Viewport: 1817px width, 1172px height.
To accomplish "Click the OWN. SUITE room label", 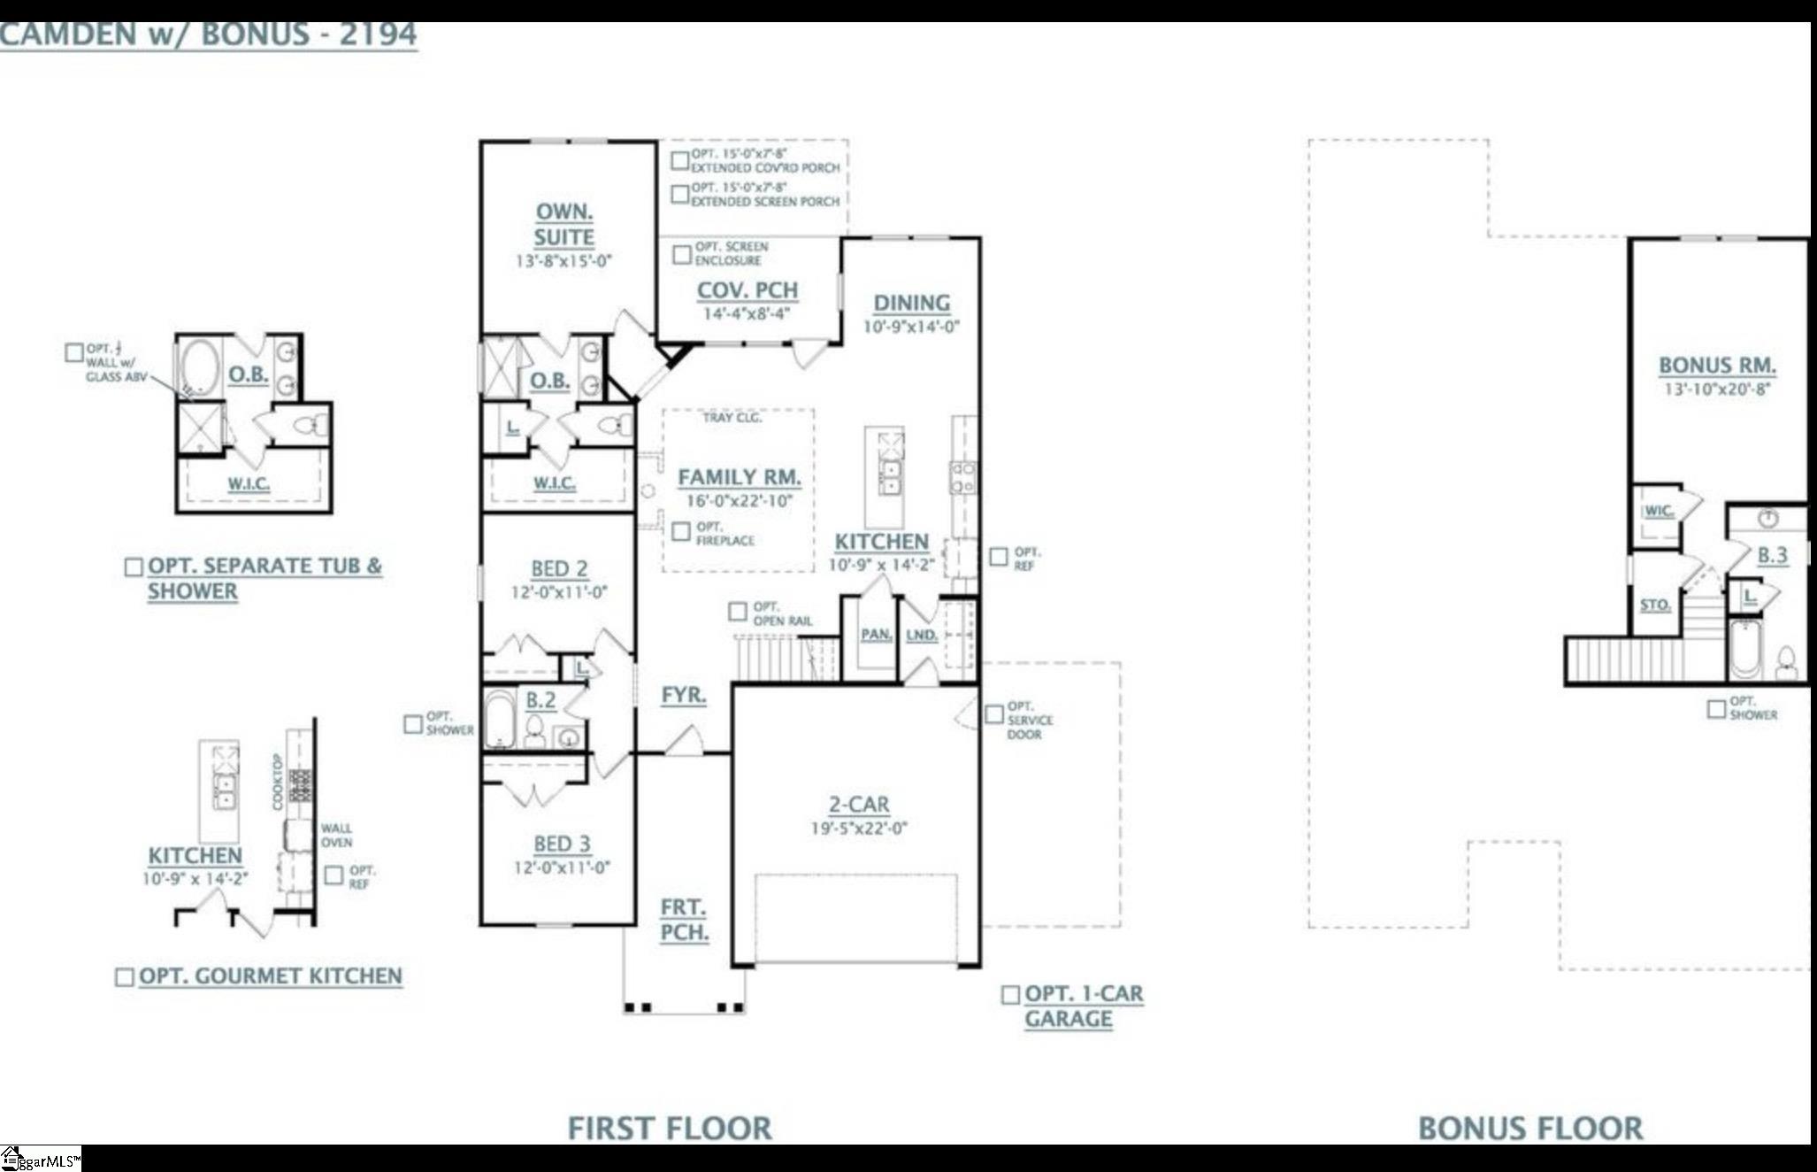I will [563, 224].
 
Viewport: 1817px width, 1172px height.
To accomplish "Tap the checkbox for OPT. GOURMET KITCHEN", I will [125, 976].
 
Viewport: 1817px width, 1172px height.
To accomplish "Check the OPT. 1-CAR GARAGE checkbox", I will [1009, 995].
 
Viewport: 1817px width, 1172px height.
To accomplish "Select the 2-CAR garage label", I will [859, 804].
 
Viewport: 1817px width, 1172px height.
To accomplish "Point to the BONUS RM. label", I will [1717, 365].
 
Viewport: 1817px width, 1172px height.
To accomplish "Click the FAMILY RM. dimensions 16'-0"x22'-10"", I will [740, 501].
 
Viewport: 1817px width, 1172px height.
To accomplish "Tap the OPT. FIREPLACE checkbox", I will [681, 531].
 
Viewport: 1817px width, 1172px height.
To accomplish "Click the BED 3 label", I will [562, 844].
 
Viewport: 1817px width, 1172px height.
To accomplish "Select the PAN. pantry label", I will [876, 635].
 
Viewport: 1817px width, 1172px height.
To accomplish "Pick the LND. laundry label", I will [921, 635].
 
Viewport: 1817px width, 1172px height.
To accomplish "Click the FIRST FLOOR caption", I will [670, 1129].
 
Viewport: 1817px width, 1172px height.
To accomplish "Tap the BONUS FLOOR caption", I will [1530, 1129].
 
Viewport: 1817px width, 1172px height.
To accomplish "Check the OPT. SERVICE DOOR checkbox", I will [994, 713].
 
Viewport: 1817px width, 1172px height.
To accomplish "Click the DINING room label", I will [911, 303].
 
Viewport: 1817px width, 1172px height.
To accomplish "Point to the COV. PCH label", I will [747, 290].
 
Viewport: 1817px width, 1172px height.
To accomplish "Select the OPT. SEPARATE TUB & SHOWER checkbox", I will [134, 567].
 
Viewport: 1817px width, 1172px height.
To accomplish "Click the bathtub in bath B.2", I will [500, 719].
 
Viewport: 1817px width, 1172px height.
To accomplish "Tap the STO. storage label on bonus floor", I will [1655, 605].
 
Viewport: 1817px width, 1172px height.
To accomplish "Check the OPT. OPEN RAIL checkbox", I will [738, 612].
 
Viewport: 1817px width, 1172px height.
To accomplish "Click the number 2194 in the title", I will [378, 35].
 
